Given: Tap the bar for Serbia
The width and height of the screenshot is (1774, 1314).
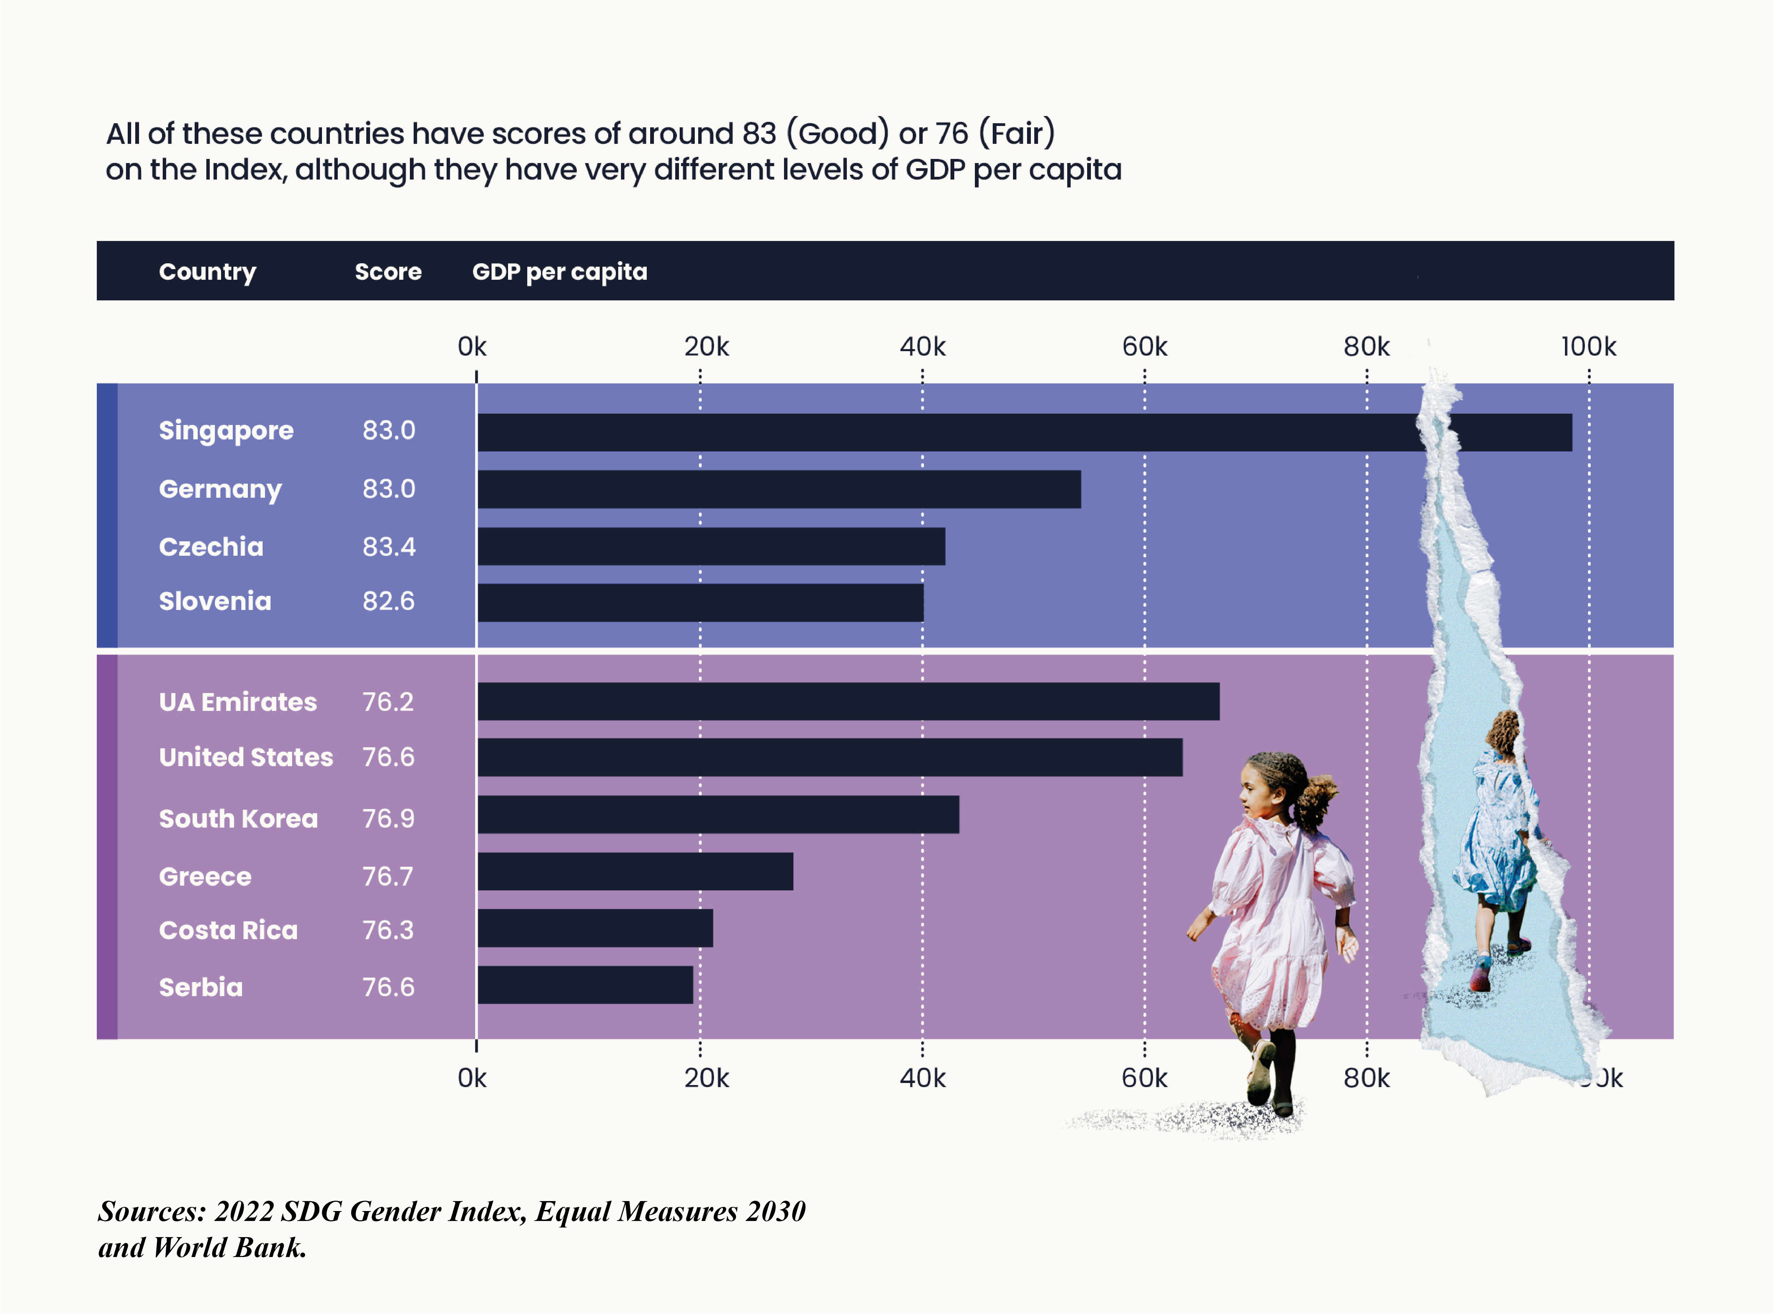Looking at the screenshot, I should point(585,985).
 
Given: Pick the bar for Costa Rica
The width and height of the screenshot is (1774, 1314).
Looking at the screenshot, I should point(595,928).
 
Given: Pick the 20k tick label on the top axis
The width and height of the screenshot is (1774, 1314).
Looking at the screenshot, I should point(706,347).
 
